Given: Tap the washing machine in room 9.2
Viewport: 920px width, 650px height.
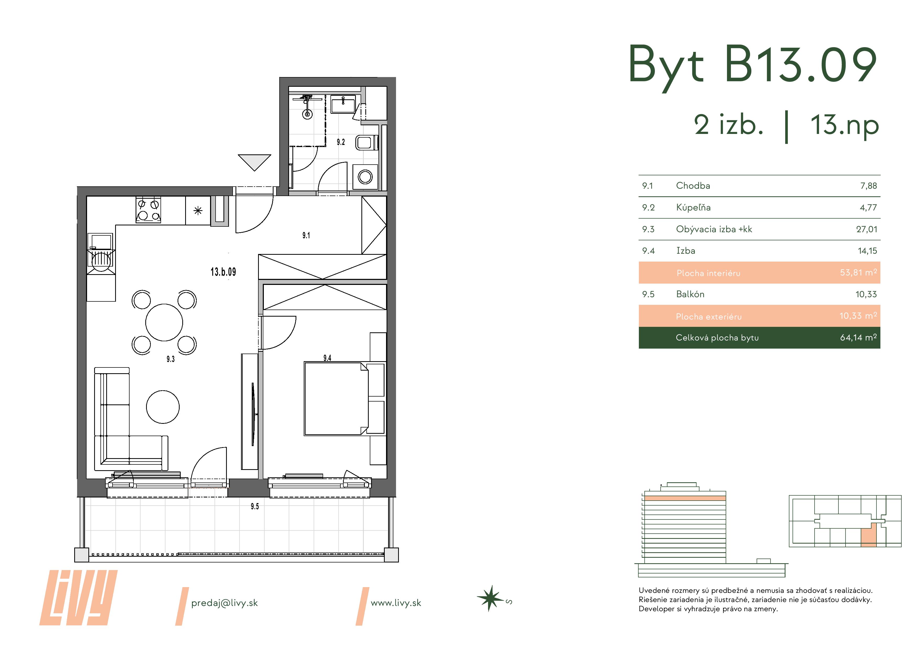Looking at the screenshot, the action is click(x=365, y=177).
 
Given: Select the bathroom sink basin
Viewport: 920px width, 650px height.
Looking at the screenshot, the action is click(x=343, y=104).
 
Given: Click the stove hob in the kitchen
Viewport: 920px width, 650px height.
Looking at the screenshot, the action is click(x=148, y=210).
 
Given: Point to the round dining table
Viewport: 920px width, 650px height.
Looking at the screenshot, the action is click(x=164, y=322).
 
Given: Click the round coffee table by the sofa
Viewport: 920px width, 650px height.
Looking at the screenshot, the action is click(x=163, y=407).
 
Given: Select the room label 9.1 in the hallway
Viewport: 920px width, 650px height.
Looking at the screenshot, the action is click(x=306, y=235).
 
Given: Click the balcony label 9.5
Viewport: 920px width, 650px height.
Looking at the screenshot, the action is click(x=255, y=506).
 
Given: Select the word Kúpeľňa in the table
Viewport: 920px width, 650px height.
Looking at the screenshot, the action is click(x=693, y=208).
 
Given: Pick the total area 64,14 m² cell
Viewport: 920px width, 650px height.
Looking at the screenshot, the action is click(x=858, y=338).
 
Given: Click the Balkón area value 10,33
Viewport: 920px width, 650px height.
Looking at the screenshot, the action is click(x=866, y=294).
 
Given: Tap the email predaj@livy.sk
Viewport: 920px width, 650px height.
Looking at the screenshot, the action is click(x=224, y=603).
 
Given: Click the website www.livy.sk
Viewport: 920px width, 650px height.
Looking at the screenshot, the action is click(x=396, y=603).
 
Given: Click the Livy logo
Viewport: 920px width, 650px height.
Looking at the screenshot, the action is click(x=78, y=598).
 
